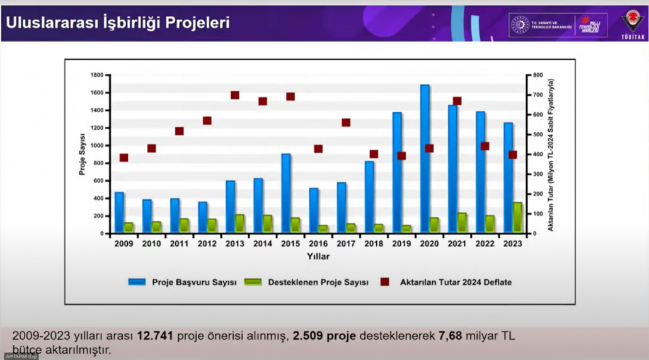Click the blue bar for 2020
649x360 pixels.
coord(425,159)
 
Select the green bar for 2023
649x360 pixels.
coord(517,218)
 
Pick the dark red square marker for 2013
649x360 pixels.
coord(235,95)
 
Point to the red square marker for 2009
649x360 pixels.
coord(123,158)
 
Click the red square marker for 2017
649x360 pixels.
coord(346,122)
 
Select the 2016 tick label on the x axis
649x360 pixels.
coord(318,243)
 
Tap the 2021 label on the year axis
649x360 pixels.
coord(457,243)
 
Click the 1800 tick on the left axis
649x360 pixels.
coord(96,75)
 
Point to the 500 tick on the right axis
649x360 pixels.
coord(537,134)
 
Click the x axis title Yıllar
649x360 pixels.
coord(318,257)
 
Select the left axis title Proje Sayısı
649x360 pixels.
coord(82,154)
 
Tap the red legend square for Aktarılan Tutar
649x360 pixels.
coord(384,282)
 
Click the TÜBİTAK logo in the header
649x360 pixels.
coord(633,25)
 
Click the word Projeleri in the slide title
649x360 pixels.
coord(199,23)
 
